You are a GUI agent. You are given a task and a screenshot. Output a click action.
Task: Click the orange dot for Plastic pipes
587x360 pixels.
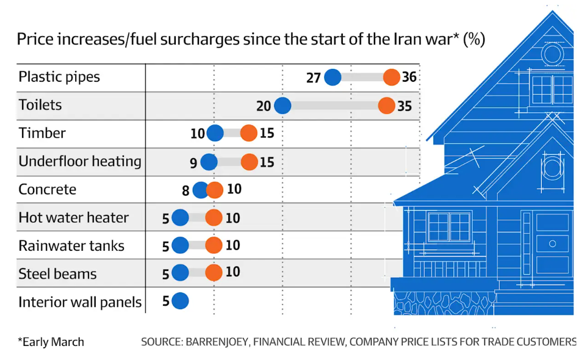pos(392,77)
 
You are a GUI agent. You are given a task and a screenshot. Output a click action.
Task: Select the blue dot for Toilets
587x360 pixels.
pos(282,106)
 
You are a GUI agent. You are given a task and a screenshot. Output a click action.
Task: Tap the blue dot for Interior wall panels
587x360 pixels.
pos(180,301)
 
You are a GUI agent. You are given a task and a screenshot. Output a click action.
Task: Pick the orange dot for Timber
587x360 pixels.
pos(249,133)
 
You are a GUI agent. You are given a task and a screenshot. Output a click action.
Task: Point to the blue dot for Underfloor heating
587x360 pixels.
pos(209,162)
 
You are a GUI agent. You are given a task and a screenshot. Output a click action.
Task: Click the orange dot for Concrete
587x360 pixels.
pos(215,190)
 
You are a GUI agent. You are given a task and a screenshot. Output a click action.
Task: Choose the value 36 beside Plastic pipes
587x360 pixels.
pos(409,77)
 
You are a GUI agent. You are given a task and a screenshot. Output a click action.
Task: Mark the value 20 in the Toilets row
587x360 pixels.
pos(264,106)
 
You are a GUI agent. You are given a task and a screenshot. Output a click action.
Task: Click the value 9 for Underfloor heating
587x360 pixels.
pos(193,162)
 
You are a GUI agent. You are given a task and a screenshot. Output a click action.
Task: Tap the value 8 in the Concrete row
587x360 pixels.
pos(185,190)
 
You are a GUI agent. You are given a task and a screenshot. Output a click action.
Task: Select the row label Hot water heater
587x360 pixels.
pos(74,218)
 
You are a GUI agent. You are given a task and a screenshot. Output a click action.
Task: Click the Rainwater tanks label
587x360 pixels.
pos(71,246)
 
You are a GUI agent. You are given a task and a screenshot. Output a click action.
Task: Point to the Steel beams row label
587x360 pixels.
pos(57,274)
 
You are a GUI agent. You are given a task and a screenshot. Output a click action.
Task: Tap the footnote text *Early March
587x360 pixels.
pos(51,342)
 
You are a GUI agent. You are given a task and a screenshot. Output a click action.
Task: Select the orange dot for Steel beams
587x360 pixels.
pos(214,273)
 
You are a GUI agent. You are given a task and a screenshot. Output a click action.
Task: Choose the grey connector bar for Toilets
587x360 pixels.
pos(334,106)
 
